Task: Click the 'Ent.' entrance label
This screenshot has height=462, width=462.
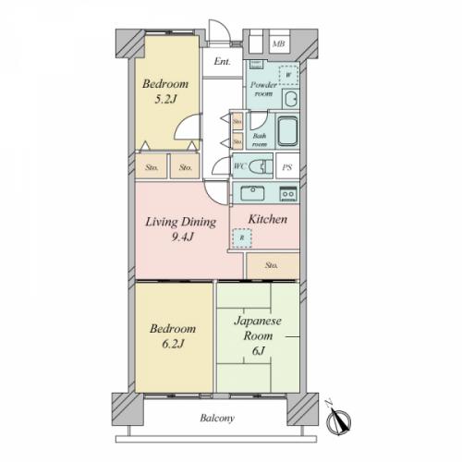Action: tap(223, 62)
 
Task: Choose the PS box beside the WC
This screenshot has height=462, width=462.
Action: tap(287, 167)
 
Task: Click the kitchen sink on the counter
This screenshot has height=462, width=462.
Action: tap(252, 193)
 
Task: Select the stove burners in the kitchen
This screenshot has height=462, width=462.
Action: tap(287, 193)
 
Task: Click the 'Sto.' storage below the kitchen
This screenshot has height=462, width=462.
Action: tap(272, 266)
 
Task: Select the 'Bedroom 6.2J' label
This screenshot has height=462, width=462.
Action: tap(172, 336)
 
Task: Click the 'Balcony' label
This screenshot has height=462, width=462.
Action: tap(218, 419)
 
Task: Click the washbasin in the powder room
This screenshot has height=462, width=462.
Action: tap(289, 100)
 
